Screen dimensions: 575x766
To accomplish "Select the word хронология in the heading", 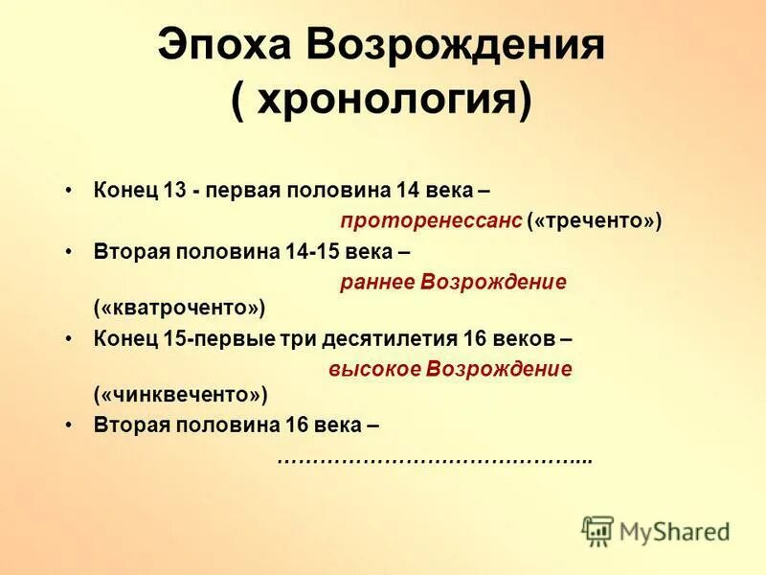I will (x=380, y=101).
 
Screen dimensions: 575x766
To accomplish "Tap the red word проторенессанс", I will (x=431, y=220).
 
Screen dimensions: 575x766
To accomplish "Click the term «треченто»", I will (x=594, y=220).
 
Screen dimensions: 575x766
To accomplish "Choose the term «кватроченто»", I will (x=179, y=309).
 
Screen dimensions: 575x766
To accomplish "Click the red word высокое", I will (x=374, y=369).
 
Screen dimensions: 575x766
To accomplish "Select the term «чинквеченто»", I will (x=180, y=394).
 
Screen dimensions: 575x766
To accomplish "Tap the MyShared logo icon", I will (x=597, y=530).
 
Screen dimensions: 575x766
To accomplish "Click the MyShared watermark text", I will (x=674, y=531).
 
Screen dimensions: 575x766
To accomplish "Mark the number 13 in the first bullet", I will (x=173, y=190).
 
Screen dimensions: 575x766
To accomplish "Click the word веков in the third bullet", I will (x=524, y=339).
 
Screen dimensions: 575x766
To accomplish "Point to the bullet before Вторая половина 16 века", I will (x=69, y=424).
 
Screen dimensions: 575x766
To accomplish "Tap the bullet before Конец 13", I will (x=69, y=190).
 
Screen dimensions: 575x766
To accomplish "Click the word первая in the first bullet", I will (x=239, y=190).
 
